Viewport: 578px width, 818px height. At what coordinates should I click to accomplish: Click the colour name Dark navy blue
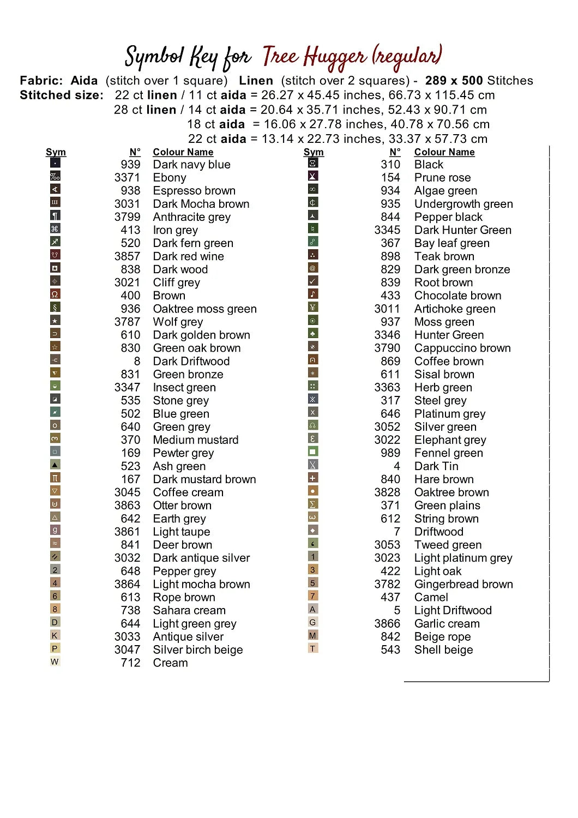pyautogui.click(x=191, y=165)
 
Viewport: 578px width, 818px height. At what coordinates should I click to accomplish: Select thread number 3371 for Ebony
pyautogui.click(x=127, y=178)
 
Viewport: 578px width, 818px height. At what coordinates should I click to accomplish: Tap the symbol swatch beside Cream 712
pyautogui.click(x=55, y=662)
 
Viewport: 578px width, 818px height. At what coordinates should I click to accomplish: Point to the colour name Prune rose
pyautogui.click(x=442, y=178)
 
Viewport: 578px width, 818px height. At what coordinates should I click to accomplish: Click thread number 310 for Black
pyautogui.click(x=390, y=165)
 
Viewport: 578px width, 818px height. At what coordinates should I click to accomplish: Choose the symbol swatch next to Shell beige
pyautogui.click(x=312, y=649)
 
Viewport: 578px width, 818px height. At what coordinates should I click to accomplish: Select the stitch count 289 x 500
pyautogui.click(x=454, y=81)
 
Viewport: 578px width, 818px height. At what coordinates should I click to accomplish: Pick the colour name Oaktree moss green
pyautogui.click(x=204, y=309)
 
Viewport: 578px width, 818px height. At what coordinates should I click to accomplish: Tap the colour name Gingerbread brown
pyautogui.click(x=463, y=585)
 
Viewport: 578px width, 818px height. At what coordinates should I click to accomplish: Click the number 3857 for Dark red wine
pyautogui.click(x=127, y=256)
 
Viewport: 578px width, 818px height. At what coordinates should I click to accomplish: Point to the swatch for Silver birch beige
pyautogui.click(x=55, y=649)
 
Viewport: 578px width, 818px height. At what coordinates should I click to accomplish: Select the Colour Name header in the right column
pyautogui.click(x=444, y=152)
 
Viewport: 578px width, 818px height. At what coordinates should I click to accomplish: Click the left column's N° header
pyautogui.click(x=135, y=152)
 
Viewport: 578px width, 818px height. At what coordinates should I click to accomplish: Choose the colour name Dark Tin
pyautogui.click(x=436, y=466)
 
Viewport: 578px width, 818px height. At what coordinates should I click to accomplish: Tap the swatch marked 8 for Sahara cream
pyautogui.click(x=55, y=610)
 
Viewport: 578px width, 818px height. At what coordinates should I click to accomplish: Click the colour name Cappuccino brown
pyautogui.click(x=462, y=348)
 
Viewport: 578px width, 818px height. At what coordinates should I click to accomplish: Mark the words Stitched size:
pyautogui.click(x=62, y=95)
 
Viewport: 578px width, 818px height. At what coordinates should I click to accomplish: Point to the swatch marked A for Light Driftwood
pyautogui.click(x=312, y=610)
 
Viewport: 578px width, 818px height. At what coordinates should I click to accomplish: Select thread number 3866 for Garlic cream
pyautogui.click(x=387, y=624)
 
